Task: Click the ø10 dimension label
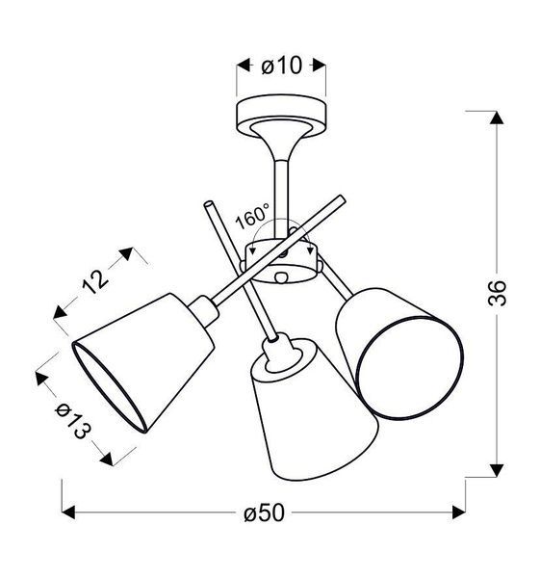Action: coord(282,66)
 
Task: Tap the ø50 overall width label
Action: coord(264,512)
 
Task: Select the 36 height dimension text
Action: coord(497,293)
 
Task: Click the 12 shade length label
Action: coord(95,281)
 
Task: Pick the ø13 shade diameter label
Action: coord(73,421)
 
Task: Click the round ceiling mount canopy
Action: coord(281,117)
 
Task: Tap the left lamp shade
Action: coord(143,362)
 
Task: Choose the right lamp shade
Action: coord(399,354)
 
